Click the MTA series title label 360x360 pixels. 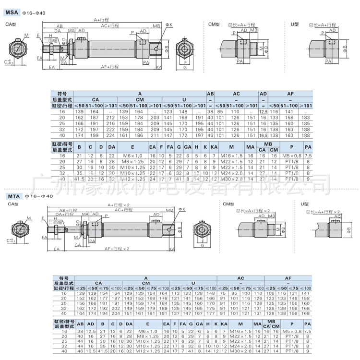click(x=12, y=196)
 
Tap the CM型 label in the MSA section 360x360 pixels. click(x=214, y=24)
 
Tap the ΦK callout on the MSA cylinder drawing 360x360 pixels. click(x=169, y=24)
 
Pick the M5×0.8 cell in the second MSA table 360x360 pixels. click(x=291, y=156)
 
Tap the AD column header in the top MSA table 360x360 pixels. click(x=263, y=94)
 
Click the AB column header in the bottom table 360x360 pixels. click(x=80, y=324)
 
